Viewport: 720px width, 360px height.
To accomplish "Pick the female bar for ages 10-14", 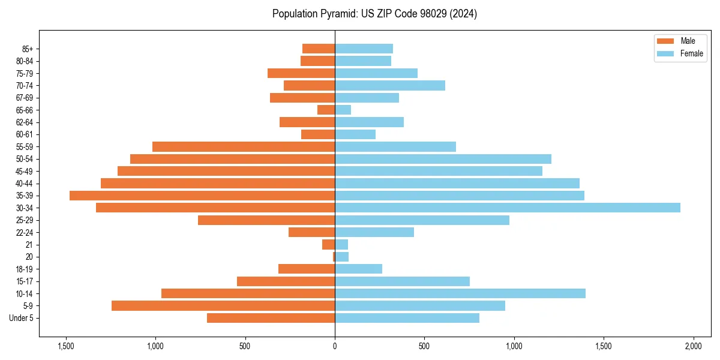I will coord(460,293).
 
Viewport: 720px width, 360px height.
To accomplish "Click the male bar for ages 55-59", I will coord(244,146).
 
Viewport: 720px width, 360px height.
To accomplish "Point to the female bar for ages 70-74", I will coord(390,85).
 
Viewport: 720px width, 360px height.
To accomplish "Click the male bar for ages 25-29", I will coord(266,220).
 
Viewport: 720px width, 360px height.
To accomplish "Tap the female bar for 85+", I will coord(364,49).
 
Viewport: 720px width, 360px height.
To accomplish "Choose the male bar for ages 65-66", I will coord(326,110).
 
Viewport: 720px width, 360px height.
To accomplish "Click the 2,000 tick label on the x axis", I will coord(693,346).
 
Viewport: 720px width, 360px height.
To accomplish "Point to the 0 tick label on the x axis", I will coord(335,346).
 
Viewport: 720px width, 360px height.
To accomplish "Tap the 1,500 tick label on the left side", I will coord(65,346).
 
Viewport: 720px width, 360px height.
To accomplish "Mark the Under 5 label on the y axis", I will coord(22,318).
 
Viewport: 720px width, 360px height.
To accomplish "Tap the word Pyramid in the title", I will coord(336,14).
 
